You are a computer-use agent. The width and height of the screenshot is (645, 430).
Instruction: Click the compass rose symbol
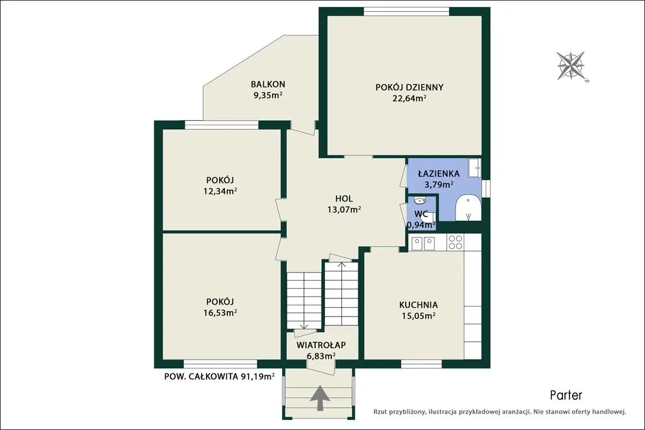coord(571,65)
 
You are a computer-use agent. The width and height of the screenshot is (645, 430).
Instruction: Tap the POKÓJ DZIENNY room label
coord(409,88)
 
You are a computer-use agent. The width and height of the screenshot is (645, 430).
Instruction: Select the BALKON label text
coord(268,84)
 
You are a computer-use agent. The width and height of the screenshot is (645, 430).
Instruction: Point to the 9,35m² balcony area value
coord(268,95)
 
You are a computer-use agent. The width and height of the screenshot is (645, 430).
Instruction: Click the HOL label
coord(344,199)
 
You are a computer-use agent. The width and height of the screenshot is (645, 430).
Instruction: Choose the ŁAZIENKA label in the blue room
coord(439,174)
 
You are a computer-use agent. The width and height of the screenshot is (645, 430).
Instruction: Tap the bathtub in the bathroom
coord(468,208)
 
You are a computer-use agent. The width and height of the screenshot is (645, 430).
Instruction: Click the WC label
coord(421,214)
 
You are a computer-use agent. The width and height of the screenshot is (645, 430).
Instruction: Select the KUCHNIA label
coord(418,305)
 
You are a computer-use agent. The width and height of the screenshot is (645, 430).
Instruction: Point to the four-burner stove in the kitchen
coord(455,242)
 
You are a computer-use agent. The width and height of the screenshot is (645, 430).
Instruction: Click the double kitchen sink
coord(423,244)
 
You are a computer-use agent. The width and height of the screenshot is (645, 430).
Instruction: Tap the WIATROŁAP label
coord(321,345)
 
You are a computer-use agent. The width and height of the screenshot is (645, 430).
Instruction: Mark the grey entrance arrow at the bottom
coord(319,398)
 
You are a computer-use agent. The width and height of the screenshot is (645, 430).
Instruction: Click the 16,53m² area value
coord(220,313)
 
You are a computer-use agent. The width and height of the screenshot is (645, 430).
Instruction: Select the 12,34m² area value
coord(220,191)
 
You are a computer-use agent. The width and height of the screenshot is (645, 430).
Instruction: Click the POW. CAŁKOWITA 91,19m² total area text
coord(219,376)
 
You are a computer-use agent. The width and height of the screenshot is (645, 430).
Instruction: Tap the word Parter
coord(566,395)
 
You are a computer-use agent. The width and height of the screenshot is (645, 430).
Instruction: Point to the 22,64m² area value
coord(409,98)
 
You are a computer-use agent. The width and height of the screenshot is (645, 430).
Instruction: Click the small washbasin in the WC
coord(419,201)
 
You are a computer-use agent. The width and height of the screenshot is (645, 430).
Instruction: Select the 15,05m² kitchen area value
coord(418,316)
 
